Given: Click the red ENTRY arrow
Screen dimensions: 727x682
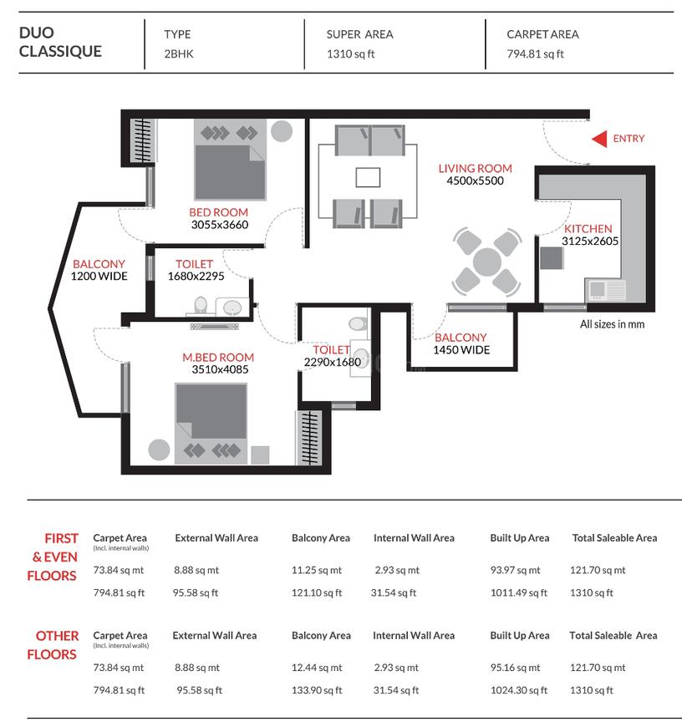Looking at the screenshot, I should [598, 139].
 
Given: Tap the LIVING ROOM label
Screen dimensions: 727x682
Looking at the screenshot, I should [475, 168].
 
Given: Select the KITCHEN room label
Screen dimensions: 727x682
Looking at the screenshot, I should [588, 229].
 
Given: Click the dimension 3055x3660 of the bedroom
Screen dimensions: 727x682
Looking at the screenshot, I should [219, 224].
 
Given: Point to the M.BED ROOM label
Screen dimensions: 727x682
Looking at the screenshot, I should [218, 357].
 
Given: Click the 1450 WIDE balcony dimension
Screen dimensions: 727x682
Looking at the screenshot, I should [461, 350].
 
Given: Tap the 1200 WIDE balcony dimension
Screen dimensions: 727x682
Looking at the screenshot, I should [99, 276].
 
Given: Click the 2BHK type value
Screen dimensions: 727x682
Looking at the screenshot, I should [178, 54].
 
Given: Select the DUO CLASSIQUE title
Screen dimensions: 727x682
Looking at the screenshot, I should [60, 43].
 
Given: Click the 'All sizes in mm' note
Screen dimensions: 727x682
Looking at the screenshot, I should [612, 324].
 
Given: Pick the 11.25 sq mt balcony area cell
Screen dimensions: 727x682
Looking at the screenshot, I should [317, 571].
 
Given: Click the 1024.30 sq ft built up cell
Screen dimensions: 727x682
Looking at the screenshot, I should [518, 690].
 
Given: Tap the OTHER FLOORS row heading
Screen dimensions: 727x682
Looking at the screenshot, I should [53, 645].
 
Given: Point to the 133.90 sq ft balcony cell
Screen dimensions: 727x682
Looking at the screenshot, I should [318, 690].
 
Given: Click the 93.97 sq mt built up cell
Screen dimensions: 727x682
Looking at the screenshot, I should [515, 571].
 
